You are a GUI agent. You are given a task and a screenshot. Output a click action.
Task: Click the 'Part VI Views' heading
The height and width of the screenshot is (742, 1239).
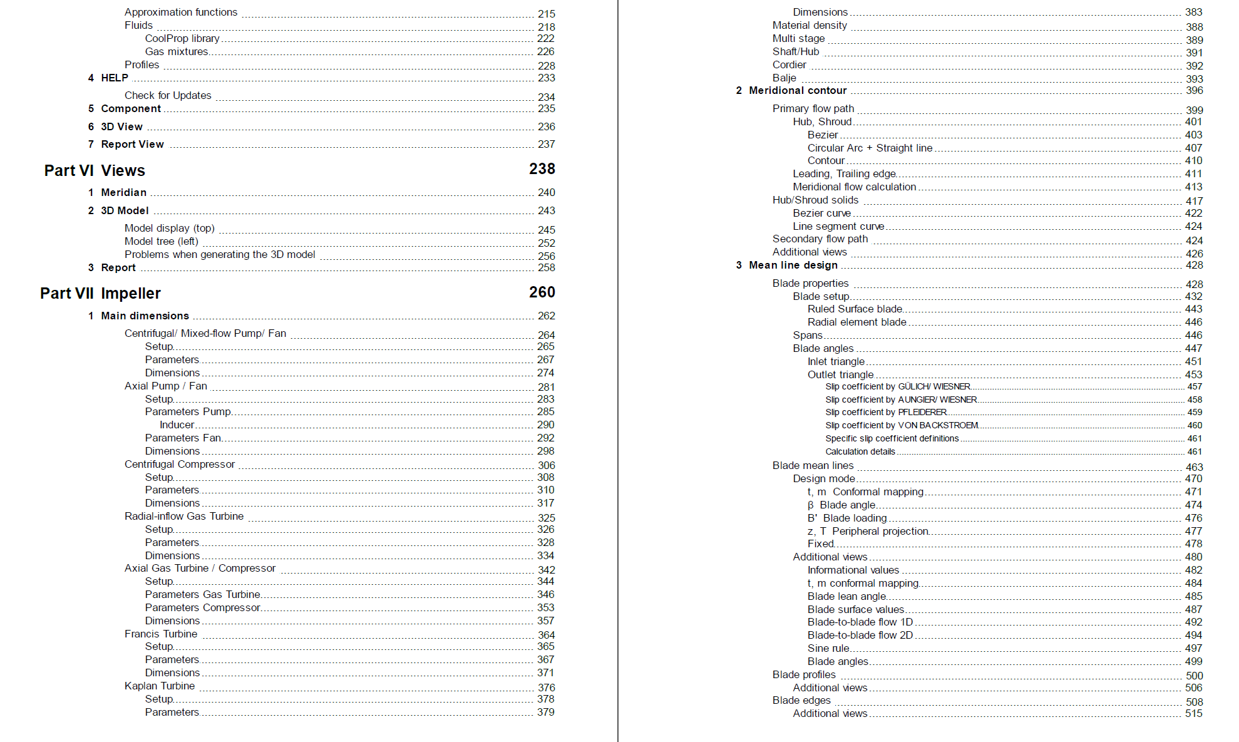pyautogui.click(x=95, y=170)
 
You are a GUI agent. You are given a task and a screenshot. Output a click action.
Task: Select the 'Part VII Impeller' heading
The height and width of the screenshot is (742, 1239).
pyautogui.click(x=100, y=293)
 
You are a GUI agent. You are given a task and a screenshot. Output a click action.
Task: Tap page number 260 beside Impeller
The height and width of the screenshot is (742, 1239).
pyautogui.click(x=542, y=292)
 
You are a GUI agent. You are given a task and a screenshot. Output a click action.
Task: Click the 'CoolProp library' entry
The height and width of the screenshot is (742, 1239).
pyautogui.click(x=182, y=38)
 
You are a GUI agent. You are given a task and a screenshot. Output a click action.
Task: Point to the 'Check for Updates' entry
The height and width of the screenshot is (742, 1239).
pyautogui.click(x=168, y=95)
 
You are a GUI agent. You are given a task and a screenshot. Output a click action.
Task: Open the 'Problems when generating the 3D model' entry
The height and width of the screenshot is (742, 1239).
pyautogui.click(x=220, y=254)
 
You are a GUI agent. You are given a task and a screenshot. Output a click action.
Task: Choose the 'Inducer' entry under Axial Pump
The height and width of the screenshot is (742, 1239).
pyautogui.click(x=177, y=425)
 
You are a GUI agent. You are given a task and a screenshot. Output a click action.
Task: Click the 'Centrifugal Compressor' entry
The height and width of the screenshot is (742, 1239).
pyautogui.click(x=180, y=464)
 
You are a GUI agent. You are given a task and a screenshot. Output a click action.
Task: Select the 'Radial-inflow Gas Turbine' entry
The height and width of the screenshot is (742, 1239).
pyautogui.click(x=184, y=516)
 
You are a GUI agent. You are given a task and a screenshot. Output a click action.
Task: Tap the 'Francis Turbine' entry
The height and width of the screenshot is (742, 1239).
pyautogui.click(x=161, y=634)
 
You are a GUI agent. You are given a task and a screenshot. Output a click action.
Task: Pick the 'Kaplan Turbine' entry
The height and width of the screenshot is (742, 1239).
pyautogui.click(x=160, y=686)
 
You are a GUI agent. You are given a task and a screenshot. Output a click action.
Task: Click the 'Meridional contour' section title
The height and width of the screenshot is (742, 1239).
pyautogui.click(x=798, y=90)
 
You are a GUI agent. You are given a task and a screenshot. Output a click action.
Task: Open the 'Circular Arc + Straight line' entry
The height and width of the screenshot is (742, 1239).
pyautogui.click(x=870, y=148)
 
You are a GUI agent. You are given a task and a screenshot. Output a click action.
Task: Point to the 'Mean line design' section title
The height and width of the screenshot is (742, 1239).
pyautogui.click(x=793, y=265)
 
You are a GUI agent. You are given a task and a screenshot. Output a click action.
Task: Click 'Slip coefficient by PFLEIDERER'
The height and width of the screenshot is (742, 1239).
pyautogui.click(x=886, y=412)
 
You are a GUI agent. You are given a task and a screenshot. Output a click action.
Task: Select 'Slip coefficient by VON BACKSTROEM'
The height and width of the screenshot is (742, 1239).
pyautogui.click(x=902, y=425)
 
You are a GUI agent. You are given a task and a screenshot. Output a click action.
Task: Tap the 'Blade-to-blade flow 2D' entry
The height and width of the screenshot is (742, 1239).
pyautogui.click(x=860, y=635)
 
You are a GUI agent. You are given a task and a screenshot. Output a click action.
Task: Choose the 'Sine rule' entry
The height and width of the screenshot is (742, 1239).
pyautogui.click(x=828, y=648)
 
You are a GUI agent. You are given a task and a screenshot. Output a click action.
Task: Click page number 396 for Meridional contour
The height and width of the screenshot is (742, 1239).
pyautogui.click(x=1194, y=90)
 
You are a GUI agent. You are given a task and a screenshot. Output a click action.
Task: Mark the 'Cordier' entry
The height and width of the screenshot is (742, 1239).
pyautogui.click(x=789, y=64)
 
